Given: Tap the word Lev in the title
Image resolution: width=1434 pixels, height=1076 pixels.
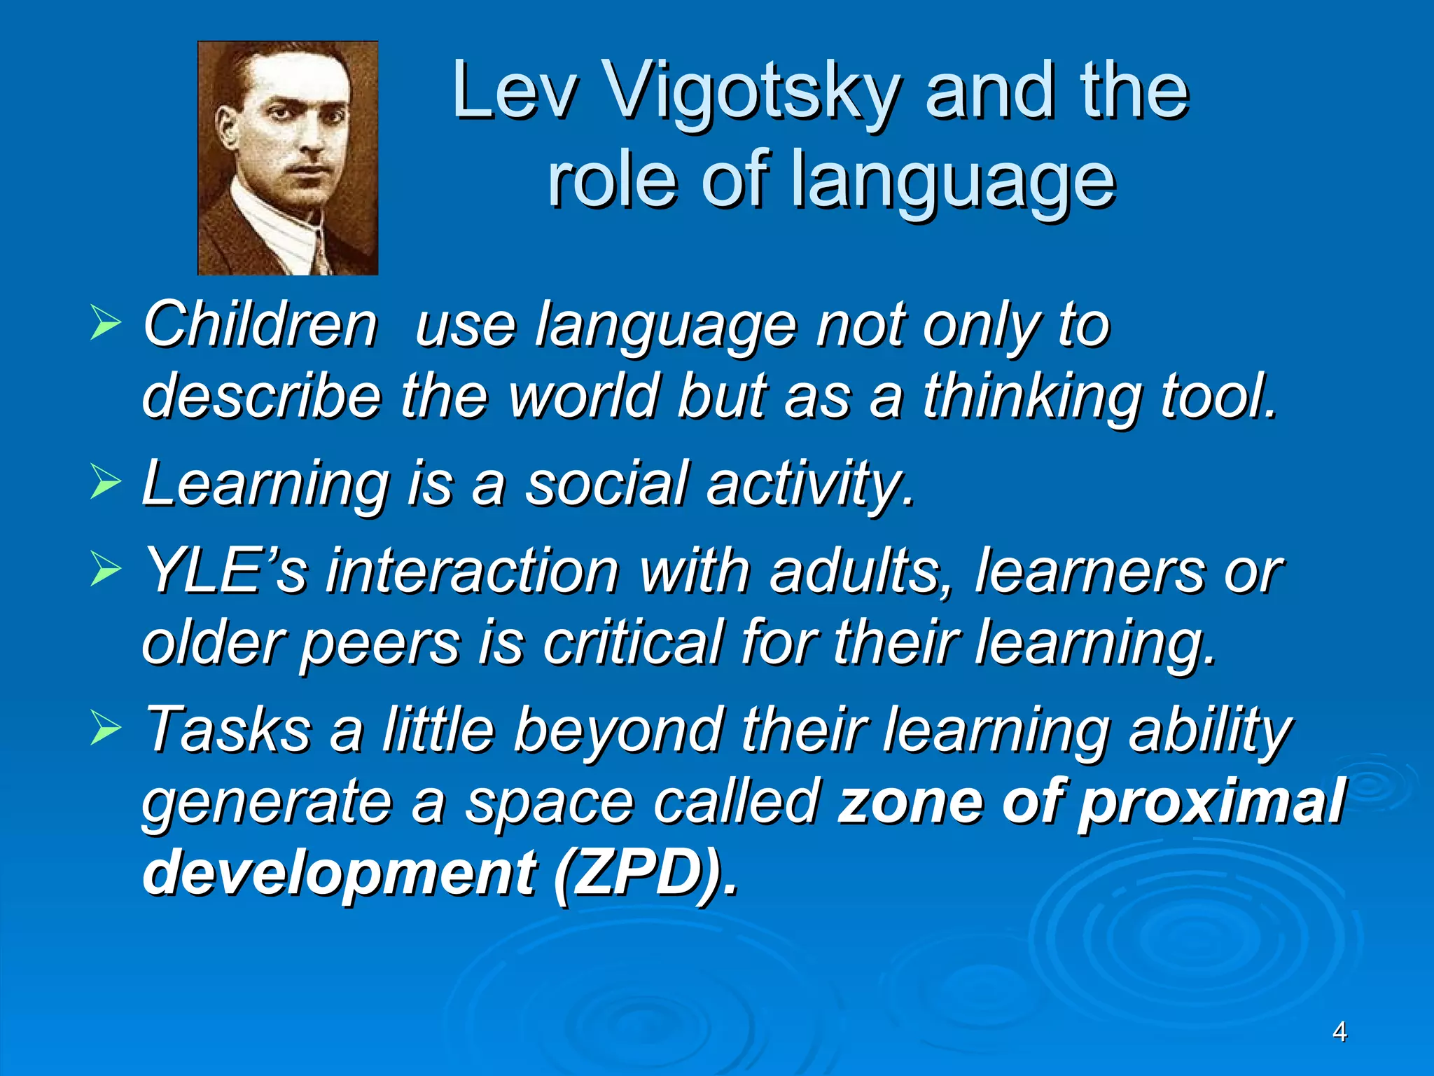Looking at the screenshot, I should (x=515, y=90).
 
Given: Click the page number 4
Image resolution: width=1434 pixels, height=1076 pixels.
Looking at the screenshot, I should (x=1339, y=1031).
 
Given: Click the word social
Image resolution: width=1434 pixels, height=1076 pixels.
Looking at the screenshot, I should (x=606, y=483).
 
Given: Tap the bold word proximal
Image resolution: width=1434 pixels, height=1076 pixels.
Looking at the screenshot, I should (x=1211, y=802).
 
